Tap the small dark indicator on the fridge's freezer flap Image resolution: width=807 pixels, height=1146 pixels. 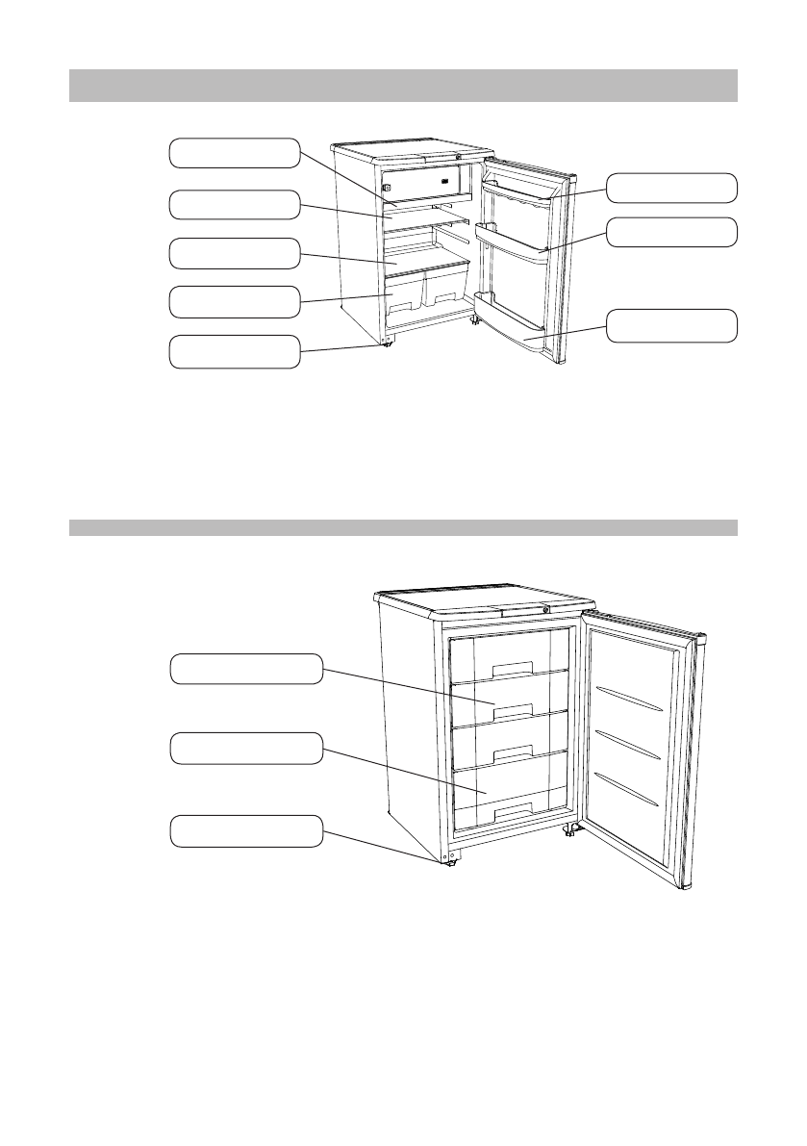click(x=445, y=181)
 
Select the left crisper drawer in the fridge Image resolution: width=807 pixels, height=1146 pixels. click(x=404, y=293)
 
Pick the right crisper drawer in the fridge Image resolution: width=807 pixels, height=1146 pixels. click(x=445, y=288)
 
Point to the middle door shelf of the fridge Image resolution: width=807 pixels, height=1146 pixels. click(x=515, y=241)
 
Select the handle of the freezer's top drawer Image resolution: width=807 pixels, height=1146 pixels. click(x=512, y=669)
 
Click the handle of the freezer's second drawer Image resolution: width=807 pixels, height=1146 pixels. click(x=512, y=711)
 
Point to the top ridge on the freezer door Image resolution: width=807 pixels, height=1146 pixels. click(x=629, y=700)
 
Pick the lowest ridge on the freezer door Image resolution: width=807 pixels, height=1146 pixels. click(x=627, y=788)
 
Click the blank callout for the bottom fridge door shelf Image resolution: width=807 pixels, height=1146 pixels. click(x=676, y=326)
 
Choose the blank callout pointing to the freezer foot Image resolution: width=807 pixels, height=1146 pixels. click(x=246, y=830)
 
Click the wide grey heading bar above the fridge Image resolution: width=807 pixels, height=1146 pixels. click(x=403, y=86)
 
